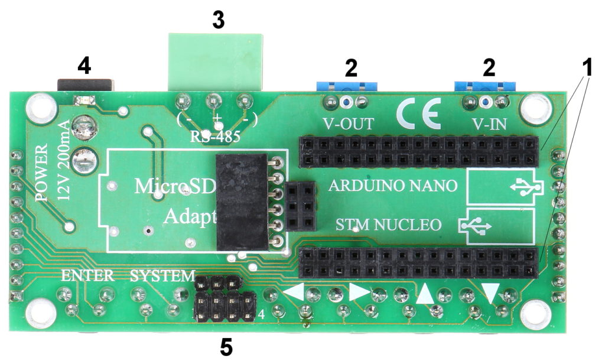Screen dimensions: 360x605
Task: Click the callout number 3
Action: coord(218,20)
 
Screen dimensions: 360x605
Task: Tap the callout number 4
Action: coord(84,66)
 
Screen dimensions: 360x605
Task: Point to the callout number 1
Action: coord(586,67)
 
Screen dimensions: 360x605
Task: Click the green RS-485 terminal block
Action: coord(216,62)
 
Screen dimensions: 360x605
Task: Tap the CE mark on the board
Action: coord(419,113)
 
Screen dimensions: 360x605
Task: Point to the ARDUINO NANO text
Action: coord(393,186)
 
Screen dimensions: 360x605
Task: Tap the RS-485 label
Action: coord(215,137)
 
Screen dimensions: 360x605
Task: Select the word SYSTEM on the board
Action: coord(162,275)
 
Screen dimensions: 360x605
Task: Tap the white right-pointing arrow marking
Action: coord(359,292)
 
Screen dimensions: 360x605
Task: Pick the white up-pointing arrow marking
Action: coord(426,294)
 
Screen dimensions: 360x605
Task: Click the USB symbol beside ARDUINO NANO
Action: coord(523,187)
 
